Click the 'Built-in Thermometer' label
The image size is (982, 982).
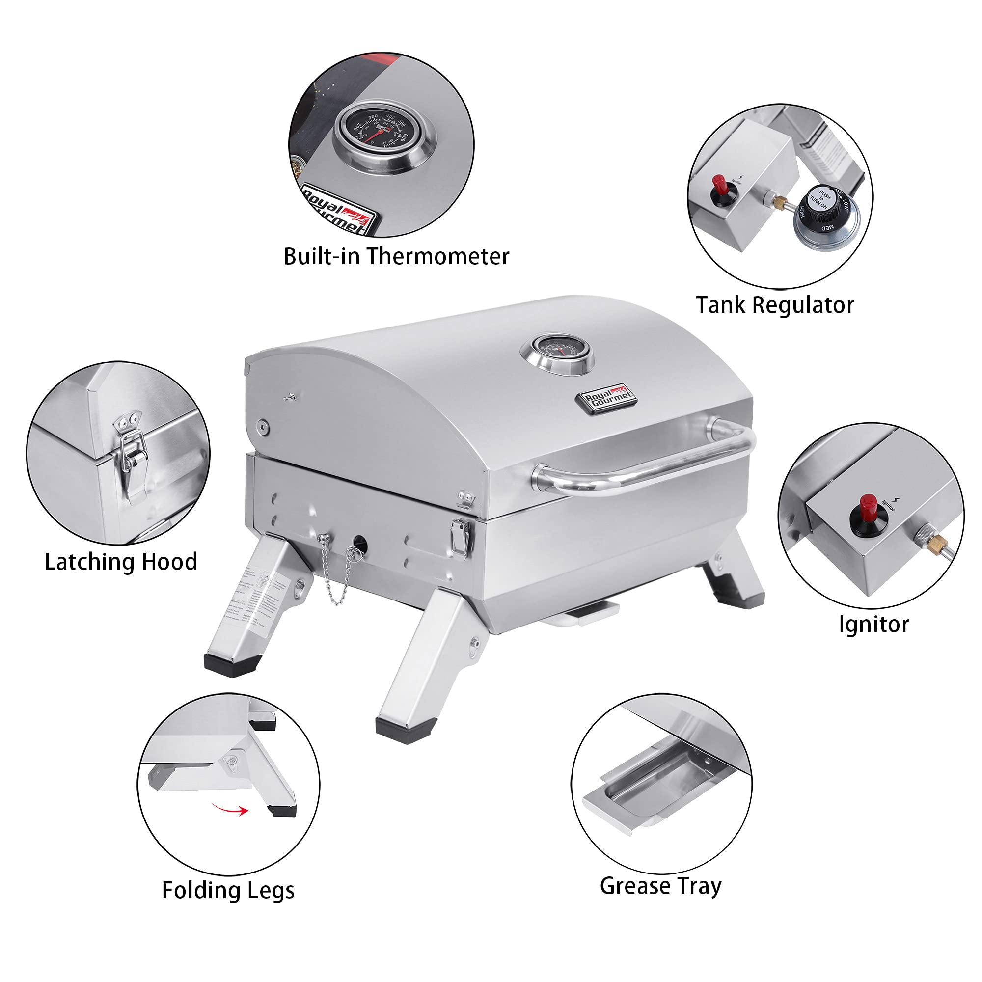point(396,256)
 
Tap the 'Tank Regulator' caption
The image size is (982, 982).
point(775,305)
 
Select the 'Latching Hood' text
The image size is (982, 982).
point(121,562)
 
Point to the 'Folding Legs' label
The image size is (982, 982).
point(228,890)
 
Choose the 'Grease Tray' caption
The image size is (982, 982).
point(660,886)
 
